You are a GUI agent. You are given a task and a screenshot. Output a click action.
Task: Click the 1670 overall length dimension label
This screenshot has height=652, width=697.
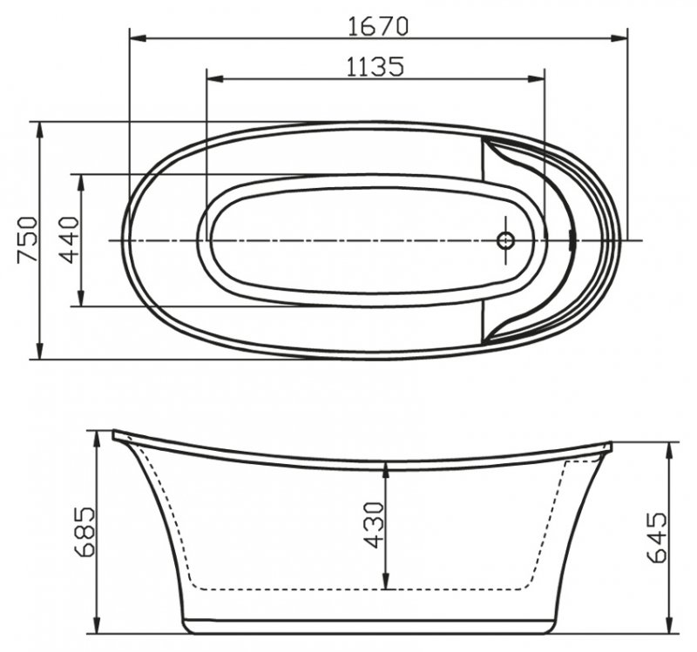point(379,25)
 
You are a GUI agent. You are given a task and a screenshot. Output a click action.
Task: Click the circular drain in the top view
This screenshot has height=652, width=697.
point(505,239)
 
